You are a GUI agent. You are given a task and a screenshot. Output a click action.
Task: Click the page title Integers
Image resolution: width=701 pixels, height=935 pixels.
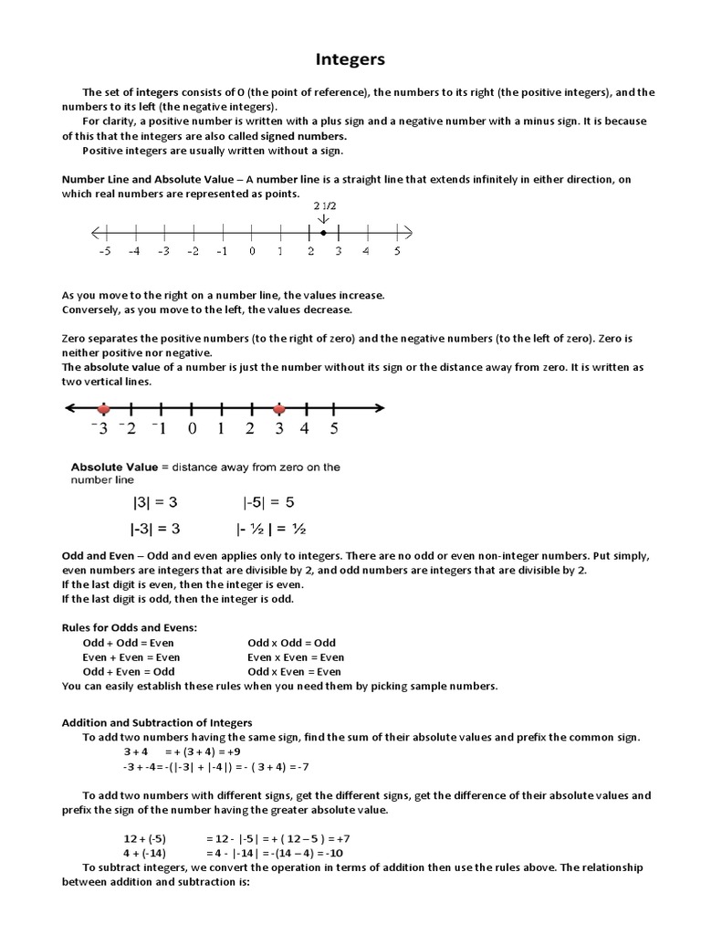coord(350,60)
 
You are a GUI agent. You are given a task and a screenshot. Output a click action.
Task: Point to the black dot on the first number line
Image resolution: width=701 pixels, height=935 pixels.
coord(324,233)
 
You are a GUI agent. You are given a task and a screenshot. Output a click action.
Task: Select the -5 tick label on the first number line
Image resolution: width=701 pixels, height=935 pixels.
coord(104,251)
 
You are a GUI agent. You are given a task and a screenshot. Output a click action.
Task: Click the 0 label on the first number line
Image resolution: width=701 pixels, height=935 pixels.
coord(251,251)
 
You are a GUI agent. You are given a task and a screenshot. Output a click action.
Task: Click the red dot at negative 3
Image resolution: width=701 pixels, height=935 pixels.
coord(104,409)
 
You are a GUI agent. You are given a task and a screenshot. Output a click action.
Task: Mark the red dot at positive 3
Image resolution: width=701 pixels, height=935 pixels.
coord(279,409)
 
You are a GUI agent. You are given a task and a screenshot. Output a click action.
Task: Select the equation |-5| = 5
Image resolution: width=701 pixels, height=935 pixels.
coord(268,502)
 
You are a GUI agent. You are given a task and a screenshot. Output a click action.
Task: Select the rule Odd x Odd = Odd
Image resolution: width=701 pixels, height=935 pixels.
coord(292,643)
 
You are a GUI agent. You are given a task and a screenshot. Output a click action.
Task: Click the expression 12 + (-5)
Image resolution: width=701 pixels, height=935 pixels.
coord(144,838)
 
